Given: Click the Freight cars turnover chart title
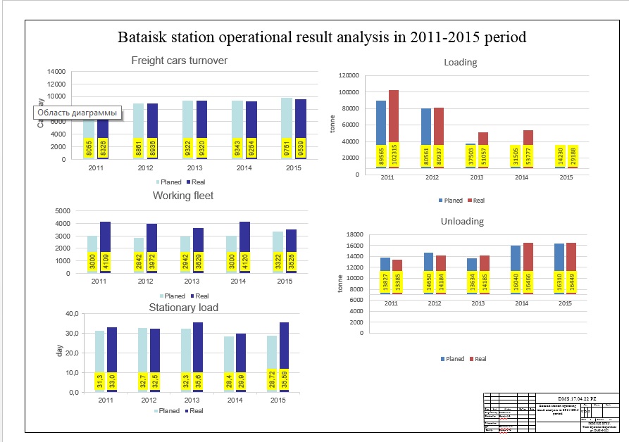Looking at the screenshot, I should point(179,61).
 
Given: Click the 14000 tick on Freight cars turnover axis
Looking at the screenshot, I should point(56,72).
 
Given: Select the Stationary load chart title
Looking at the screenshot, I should point(183,308).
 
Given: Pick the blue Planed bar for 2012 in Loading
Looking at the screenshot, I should point(426,127).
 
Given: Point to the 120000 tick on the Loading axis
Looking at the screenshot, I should point(349,75).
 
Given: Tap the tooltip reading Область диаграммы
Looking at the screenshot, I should point(77,113).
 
